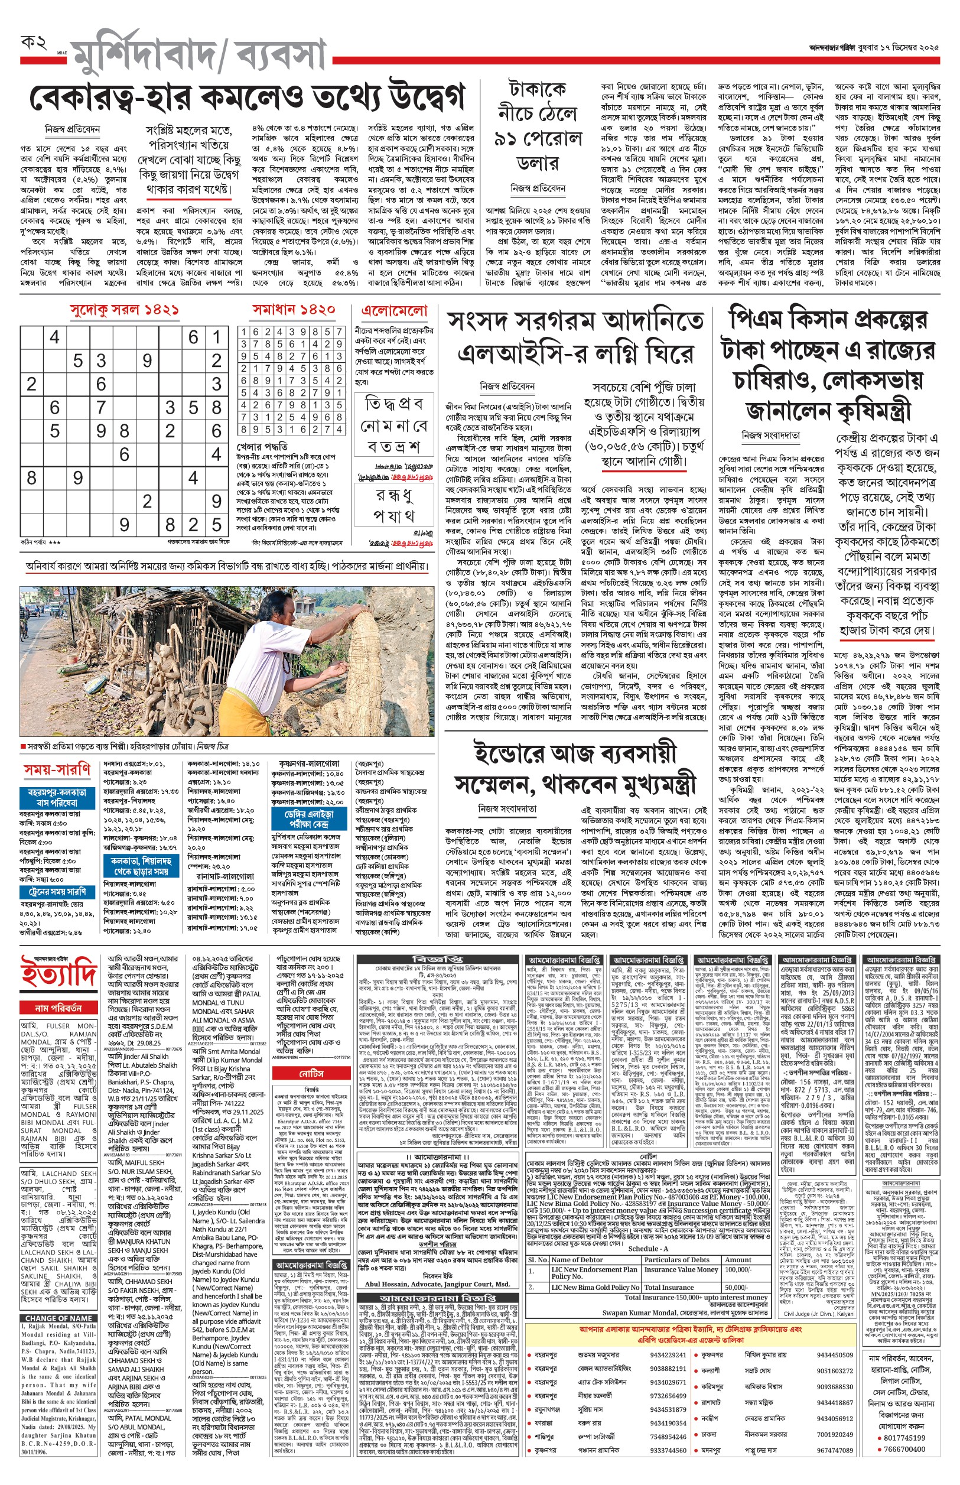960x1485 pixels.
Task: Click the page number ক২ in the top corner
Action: click(34, 43)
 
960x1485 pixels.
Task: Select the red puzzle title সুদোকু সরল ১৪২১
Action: click(125, 310)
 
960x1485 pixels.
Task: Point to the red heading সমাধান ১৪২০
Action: click(293, 310)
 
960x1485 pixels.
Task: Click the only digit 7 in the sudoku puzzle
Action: click(101, 407)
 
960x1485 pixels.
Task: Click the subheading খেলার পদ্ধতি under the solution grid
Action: click(262, 446)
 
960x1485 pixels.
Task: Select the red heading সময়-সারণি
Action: click(57, 771)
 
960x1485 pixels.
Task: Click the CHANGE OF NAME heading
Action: click(58, 1318)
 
